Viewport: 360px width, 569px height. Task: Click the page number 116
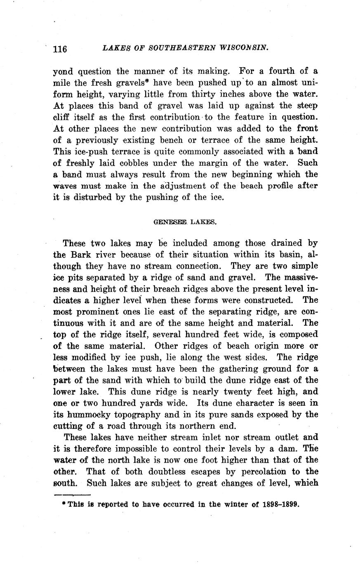click(x=60, y=48)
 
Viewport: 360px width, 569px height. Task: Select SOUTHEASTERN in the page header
click(x=182, y=47)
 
